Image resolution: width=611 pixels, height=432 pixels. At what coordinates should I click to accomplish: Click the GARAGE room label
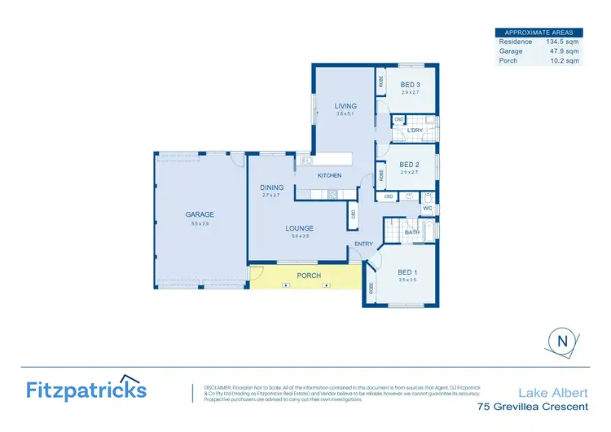[199, 214]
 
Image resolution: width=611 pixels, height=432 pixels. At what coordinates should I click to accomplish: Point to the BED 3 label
[410, 84]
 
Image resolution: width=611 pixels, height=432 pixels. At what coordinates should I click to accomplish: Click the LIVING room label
[345, 106]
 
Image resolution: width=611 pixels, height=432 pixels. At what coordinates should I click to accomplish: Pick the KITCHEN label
[329, 175]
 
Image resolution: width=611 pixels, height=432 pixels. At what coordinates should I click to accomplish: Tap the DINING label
[271, 187]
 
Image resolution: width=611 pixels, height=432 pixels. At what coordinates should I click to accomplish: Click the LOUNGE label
[300, 228]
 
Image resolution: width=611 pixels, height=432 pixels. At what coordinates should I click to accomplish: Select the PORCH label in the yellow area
[309, 276]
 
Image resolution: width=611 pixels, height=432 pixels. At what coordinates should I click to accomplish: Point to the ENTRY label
[363, 244]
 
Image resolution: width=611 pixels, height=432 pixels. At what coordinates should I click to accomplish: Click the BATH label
[412, 232]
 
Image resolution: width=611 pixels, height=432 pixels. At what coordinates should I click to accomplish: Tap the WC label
[426, 208]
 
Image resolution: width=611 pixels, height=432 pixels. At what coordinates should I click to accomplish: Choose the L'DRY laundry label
[415, 130]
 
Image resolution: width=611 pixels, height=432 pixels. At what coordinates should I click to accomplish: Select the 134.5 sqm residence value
[562, 41]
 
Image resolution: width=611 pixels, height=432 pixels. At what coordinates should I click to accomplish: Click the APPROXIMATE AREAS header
[538, 32]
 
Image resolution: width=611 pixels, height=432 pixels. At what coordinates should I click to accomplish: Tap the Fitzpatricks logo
[86, 389]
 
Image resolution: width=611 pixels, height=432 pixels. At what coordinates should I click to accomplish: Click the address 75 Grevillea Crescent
[531, 405]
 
